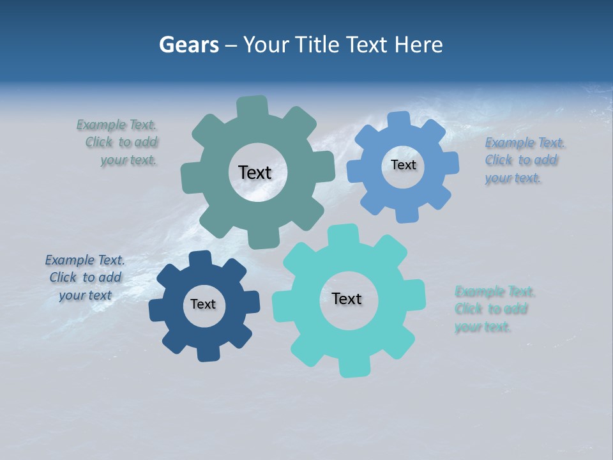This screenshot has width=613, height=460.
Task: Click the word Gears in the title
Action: point(188,45)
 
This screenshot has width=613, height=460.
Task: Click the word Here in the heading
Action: point(418,45)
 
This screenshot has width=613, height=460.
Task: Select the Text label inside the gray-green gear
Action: point(255,172)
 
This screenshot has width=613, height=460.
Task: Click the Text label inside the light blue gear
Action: point(403,165)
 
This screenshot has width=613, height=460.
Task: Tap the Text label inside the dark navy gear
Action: point(203,304)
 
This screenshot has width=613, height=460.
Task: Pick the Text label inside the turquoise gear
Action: point(347,298)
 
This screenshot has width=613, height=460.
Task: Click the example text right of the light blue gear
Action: point(524,160)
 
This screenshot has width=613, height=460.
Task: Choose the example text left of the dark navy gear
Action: point(86,278)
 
